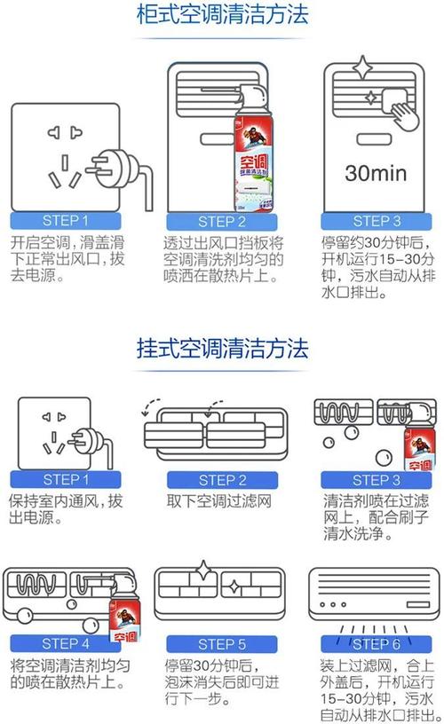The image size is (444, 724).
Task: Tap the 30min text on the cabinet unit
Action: click(376, 171)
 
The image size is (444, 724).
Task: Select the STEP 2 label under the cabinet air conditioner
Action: click(222, 222)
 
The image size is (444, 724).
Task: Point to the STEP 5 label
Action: click(222, 643)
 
